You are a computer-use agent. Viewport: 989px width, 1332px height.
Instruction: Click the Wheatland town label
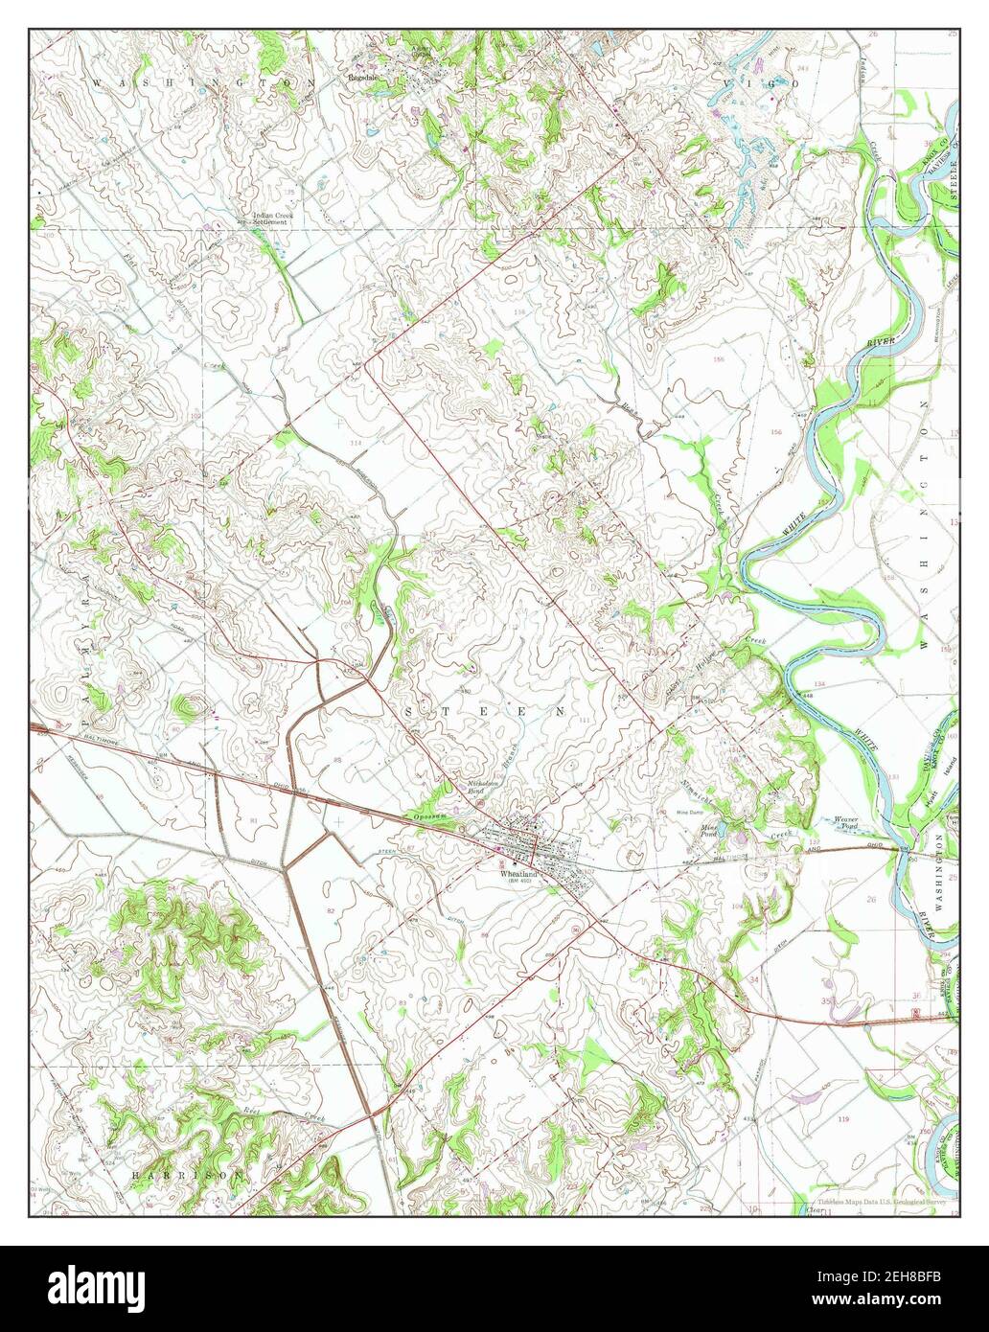coord(517,873)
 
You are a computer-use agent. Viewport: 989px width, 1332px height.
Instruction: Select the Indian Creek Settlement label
coord(272,220)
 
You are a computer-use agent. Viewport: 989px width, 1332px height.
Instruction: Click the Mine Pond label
coord(710,830)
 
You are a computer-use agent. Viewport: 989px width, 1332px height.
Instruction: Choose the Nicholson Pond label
coord(478,786)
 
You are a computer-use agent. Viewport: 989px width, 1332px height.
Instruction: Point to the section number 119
coord(843,1118)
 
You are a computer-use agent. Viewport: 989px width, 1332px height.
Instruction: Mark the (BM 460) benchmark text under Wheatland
coord(516,883)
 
